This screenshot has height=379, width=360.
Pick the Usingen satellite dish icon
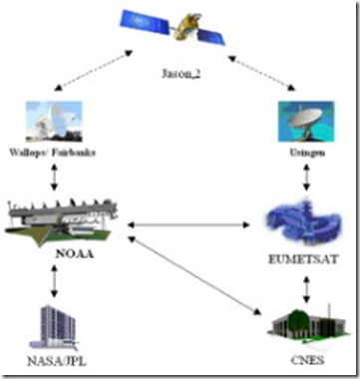[299, 120]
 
